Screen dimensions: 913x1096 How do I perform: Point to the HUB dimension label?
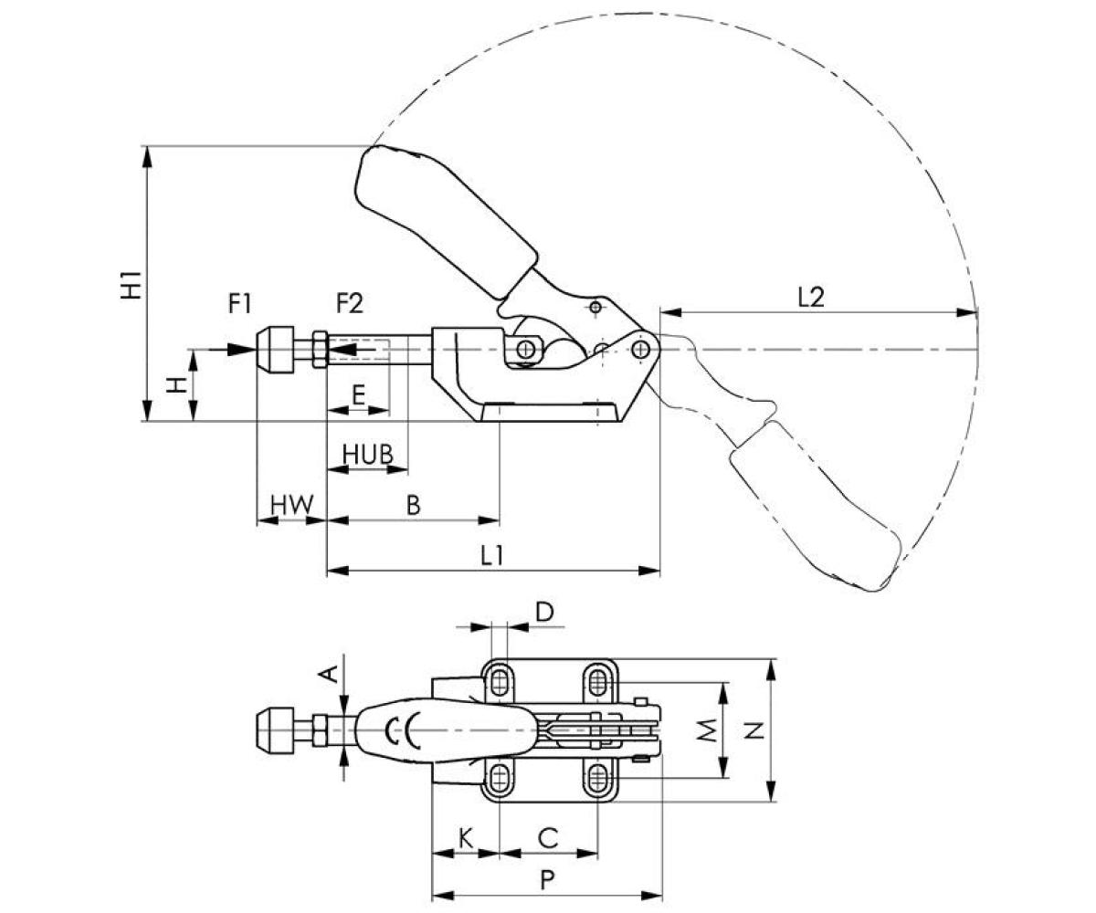[368, 453]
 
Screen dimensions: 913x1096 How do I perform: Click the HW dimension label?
[292, 504]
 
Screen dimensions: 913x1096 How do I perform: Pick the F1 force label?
[239, 304]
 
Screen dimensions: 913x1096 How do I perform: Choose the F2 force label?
[349, 304]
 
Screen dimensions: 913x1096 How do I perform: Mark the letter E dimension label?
[358, 395]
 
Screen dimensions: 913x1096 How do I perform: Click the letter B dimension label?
[413, 505]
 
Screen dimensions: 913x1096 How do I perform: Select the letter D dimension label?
[544, 612]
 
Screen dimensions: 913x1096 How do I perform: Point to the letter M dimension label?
[705, 730]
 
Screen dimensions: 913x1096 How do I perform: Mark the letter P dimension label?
[546, 880]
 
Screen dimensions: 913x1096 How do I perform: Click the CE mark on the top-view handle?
[403, 730]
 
